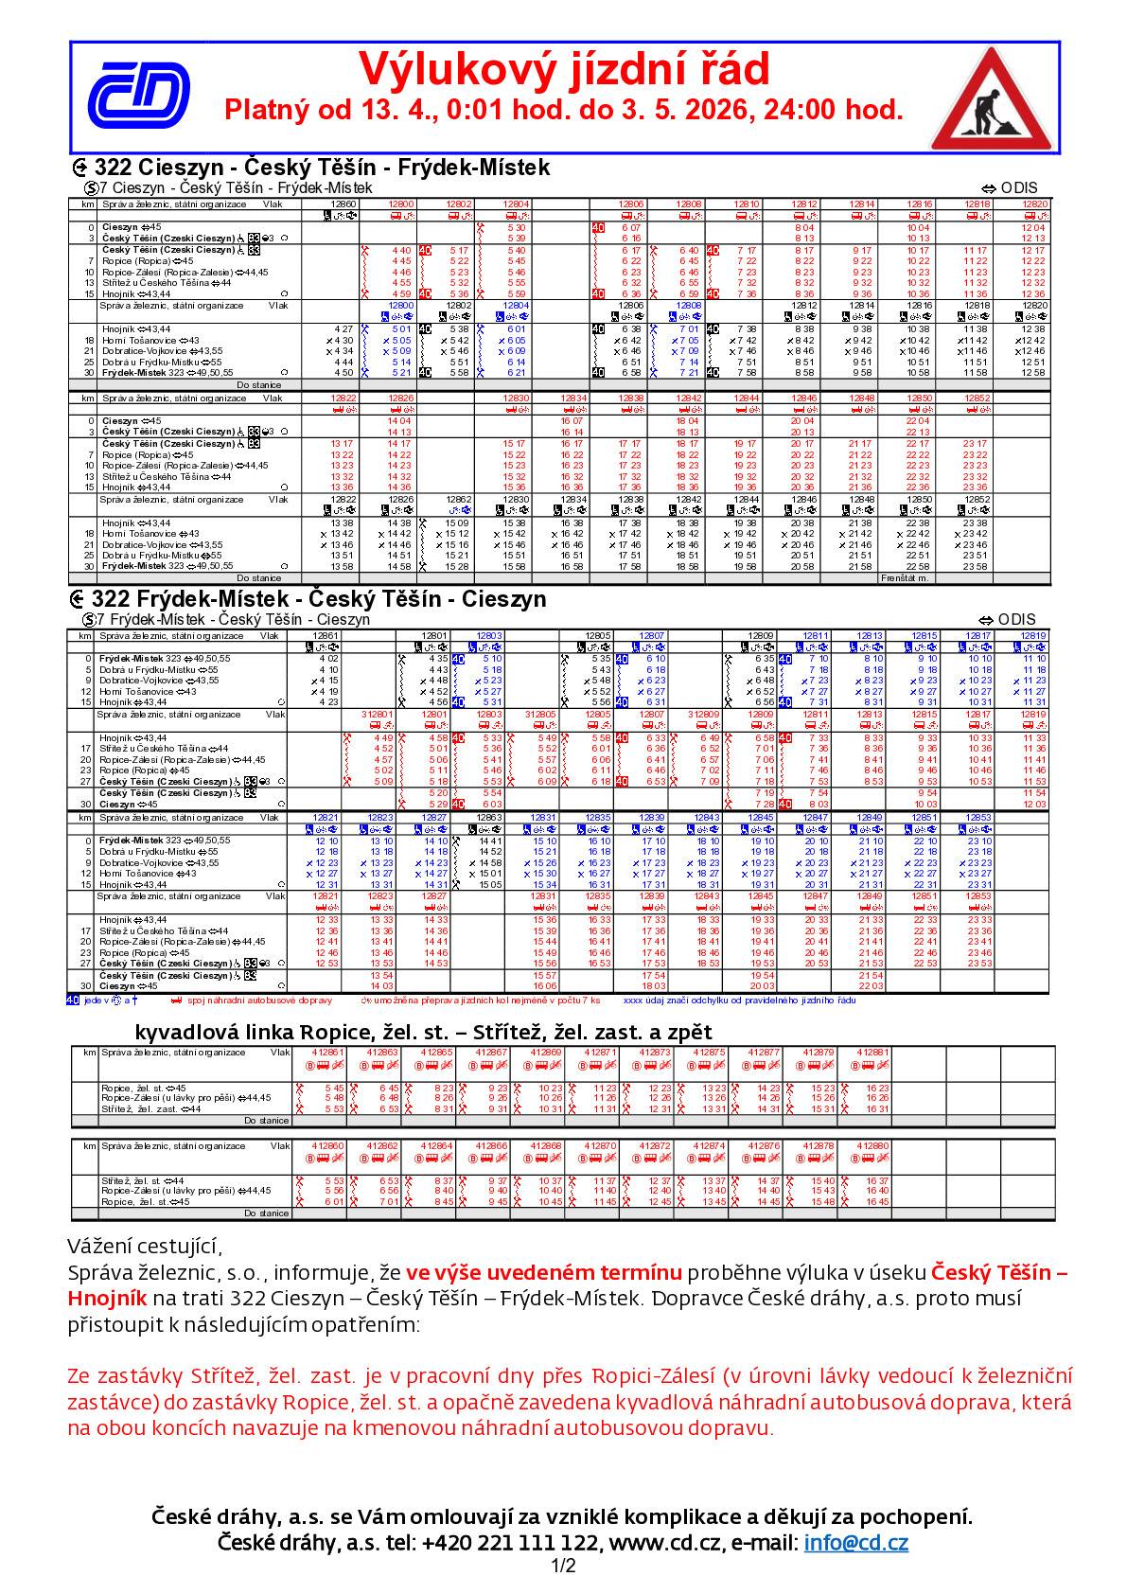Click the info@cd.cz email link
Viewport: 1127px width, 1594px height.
855,1543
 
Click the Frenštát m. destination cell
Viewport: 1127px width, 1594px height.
905,577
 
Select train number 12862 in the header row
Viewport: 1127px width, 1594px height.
459,499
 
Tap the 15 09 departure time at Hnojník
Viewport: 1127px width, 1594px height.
457,522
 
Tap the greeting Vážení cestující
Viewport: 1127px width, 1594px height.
146,1245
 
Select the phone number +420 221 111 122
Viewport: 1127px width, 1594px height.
510,1543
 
